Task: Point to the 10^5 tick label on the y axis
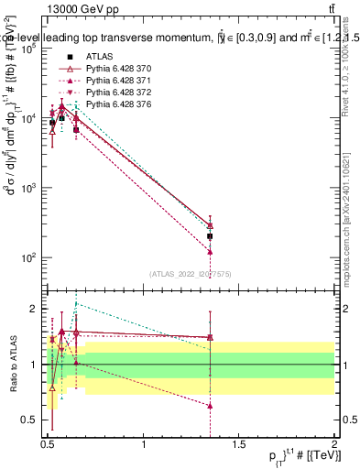[x=28, y=49]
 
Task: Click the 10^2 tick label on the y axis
[x=28, y=257]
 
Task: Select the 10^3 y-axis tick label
[x=28, y=188]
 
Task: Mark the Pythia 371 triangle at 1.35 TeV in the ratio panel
[x=210, y=405]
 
